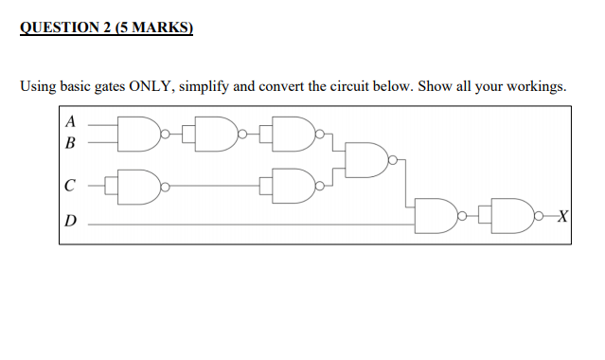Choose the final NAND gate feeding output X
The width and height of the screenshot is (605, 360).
[512, 215]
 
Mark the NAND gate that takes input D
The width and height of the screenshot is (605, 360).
[436, 215]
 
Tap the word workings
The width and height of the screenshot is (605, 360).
[537, 87]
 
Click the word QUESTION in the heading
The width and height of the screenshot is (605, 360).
[60, 27]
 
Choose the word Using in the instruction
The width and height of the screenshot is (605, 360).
[38, 87]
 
